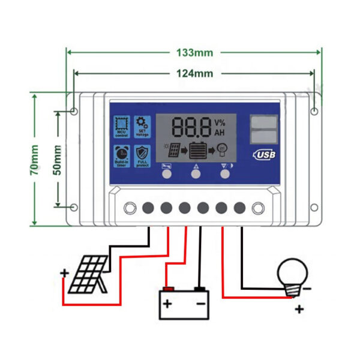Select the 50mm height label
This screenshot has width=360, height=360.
point(58,160)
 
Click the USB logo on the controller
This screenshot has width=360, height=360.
point(264,154)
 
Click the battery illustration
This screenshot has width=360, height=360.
point(184,302)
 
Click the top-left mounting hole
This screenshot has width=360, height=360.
point(74,112)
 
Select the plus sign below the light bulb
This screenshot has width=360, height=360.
point(298,310)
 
